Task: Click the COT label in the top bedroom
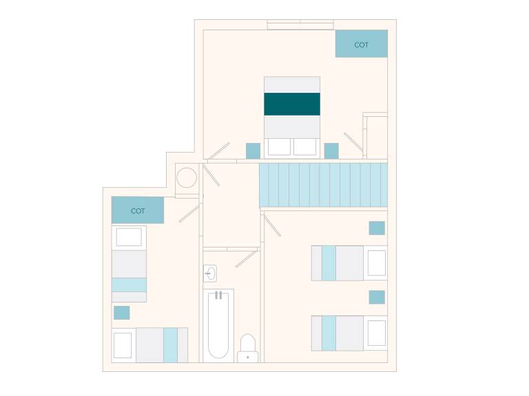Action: pyautogui.click(x=361, y=45)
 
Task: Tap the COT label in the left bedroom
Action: pyautogui.click(x=138, y=211)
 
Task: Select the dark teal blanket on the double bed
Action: pyautogui.click(x=292, y=104)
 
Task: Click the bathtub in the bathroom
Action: pyautogui.click(x=218, y=325)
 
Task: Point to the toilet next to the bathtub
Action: pyautogui.click(x=248, y=348)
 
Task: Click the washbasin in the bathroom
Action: pyautogui.click(x=210, y=273)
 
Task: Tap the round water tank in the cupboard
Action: pyautogui.click(x=187, y=178)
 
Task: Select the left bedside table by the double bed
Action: pyautogui.click(x=253, y=151)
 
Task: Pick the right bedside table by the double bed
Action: pyautogui.click(x=331, y=151)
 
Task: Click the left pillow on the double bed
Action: pyautogui.click(x=279, y=147)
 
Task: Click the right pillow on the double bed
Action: pyautogui.click(x=304, y=147)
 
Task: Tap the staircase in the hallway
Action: pyautogui.click(x=323, y=185)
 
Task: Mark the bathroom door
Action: pyautogui.click(x=247, y=258)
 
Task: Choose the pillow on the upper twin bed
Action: pyautogui.click(x=377, y=263)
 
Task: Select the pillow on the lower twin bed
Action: pyautogui.click(x=377, y=333)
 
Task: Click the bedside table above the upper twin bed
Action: pyautogui.click(x=377, y=228)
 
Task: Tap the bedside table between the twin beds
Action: pyautogui.click(x=377, y=297)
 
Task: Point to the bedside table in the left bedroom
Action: pyautogui.click(x=122, y=313)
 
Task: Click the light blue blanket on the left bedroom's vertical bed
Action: pyautogui.click(x=129, y=285)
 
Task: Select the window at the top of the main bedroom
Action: pyautogui.click(x=300, y=25)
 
